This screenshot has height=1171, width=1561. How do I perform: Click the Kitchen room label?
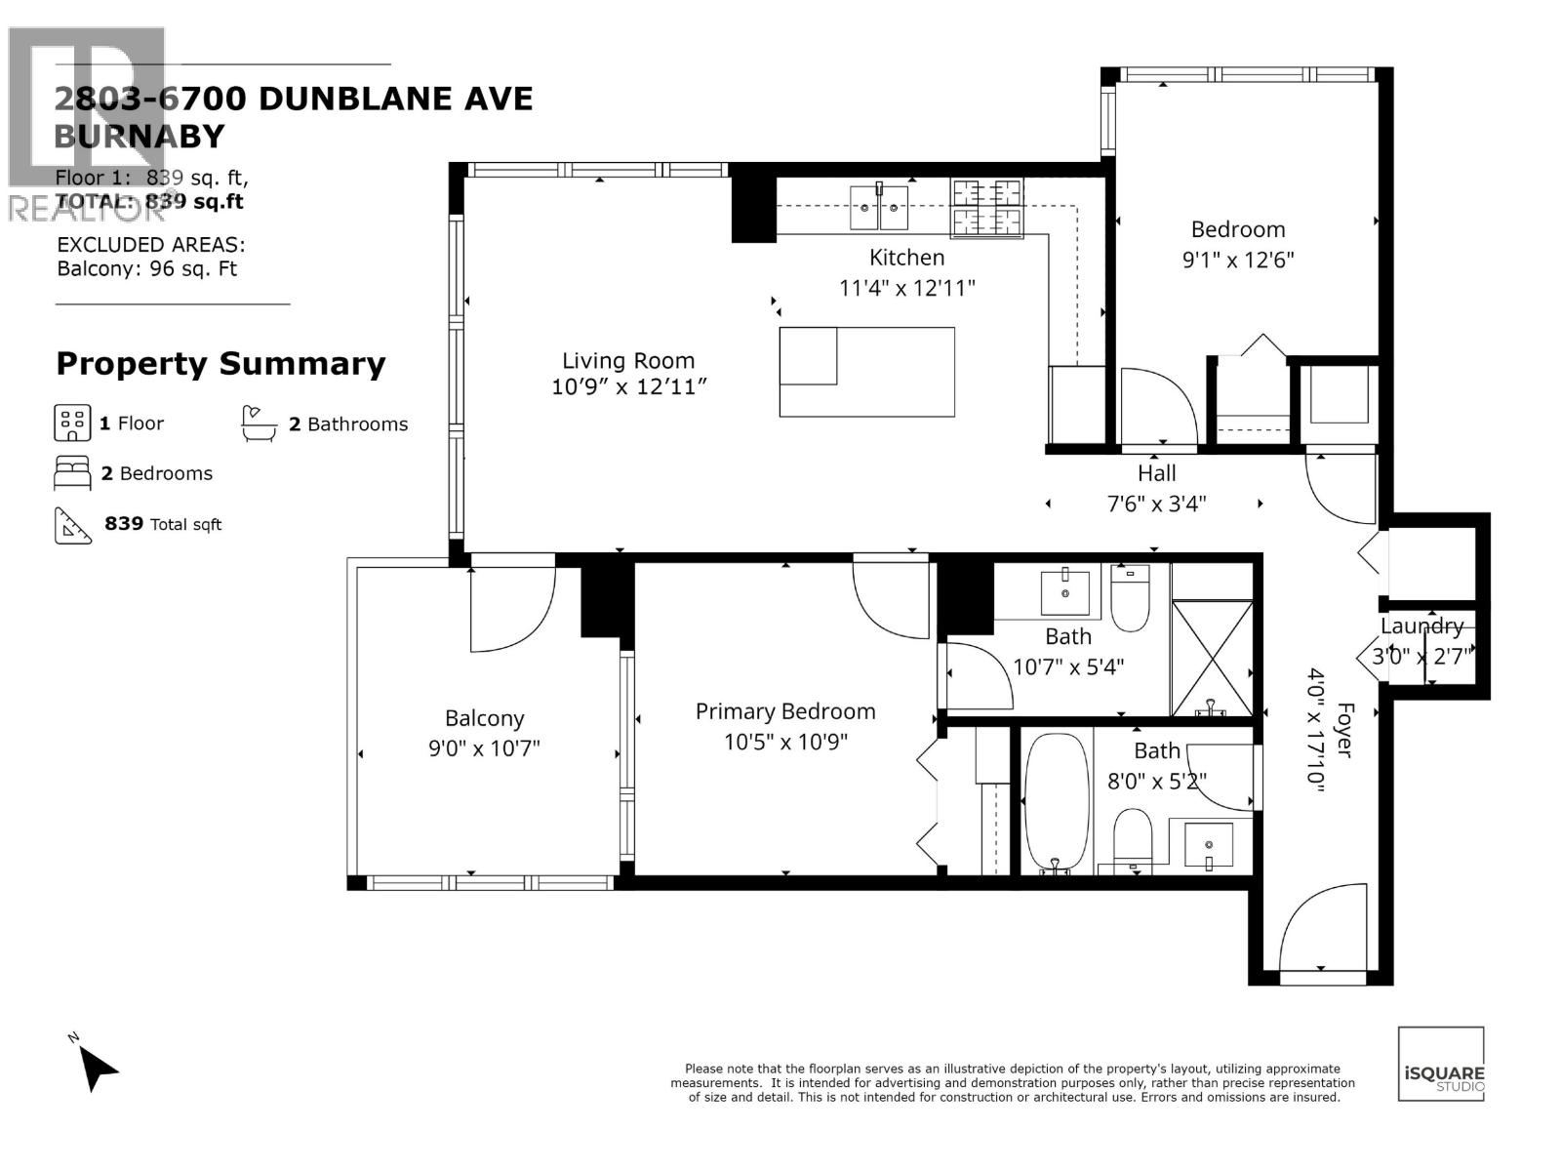(906, 258)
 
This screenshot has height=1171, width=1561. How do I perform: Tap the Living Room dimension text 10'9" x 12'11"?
(628, 387)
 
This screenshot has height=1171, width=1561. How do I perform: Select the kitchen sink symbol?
(879, 200)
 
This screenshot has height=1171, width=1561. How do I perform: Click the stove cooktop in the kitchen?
(987, 208)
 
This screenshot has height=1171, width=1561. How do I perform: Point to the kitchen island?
(866, 372)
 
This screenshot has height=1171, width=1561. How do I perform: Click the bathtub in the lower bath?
(1057, 800)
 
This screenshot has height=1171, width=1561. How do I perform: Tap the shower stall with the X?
(1212, 660)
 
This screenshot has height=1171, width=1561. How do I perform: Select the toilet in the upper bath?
(1131, 597)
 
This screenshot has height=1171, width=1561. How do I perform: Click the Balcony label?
(485, 719)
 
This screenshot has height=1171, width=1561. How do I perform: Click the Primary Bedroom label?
(784, 712)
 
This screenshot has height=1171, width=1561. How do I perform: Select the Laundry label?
(1421, 626)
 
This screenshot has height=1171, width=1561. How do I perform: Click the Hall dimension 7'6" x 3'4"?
(1157, 505)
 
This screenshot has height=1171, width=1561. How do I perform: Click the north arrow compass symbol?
(97, 1066)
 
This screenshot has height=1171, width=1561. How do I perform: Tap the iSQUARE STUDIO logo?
(1441, 1065)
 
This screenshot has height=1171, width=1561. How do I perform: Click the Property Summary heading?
(220, 364)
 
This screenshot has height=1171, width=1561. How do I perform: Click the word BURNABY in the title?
(140, 137)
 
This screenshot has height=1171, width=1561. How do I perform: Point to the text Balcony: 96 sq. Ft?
(147, 269)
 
